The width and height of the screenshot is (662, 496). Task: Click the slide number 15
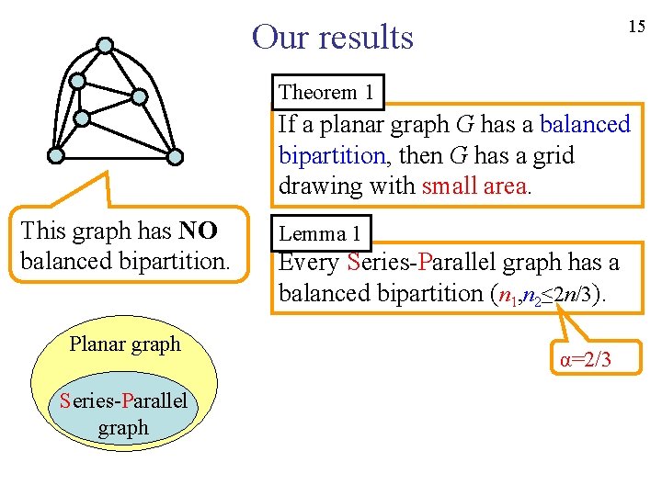pyautogui.click(x=636, y=27)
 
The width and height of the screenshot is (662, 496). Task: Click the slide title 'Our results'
pyautogui.click(x=333, y=38)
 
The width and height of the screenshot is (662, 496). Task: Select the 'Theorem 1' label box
pyautogui.click(x=325, y=92)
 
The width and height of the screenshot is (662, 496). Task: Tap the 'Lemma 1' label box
pyautogui.click(x=319, y=233)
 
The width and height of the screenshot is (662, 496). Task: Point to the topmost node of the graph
pyautogui.click(x=106, y=44)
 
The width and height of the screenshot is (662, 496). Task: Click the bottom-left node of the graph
pyautogui.click(x=56, y=155)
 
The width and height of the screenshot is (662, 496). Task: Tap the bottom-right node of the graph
pyautogui.click(x=176, y=155)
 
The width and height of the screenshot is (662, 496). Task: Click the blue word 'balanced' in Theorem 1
pyautogui.click(x=586, y=124)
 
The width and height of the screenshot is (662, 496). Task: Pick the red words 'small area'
pyautogui.click(x=474, y=186)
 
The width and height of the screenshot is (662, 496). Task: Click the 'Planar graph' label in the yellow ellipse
pyautogui.click(x=125, y=344)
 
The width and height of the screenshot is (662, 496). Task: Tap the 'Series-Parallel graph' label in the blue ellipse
pyautogui.click(x=123, y=413)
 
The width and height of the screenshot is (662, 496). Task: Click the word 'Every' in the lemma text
pyautogui.click(x=309, y=263)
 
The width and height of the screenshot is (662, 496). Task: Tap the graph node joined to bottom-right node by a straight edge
pyautogui.click(x=139, y=96)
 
